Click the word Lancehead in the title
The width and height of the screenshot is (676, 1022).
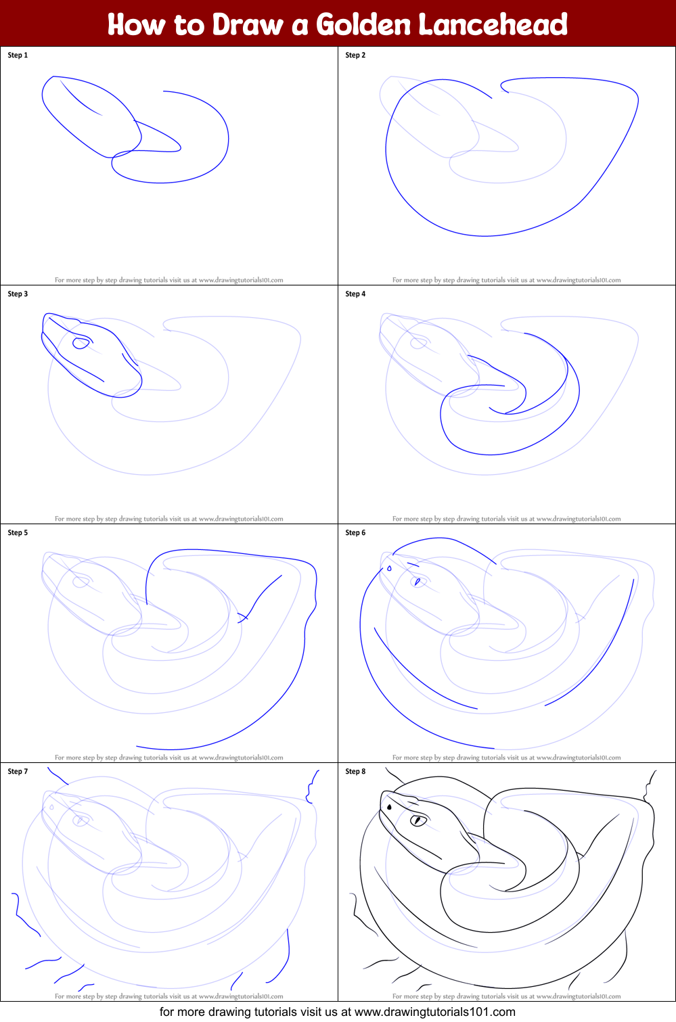pyautogui.click(x=493, y=24)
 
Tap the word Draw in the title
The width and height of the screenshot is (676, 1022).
pyautogui.click(x=247, y=24)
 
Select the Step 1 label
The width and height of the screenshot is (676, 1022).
pyautogui.click(x=18, y=55)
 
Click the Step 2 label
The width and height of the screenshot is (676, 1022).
pyautogui.click(x=355, y=55)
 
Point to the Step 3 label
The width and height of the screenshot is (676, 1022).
pyautogui.click(x=18, y=294)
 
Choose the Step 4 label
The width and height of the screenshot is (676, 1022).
pyautogui.click(x=355, y=294)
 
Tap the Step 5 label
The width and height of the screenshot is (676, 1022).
pyautogui.click(x=18, y=533)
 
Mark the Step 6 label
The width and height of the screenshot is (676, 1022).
pyautogui.click(x=355, y=533)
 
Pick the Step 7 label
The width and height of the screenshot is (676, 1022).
pyautogui.click(x=18, y=772)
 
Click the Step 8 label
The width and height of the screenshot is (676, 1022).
pyautogui.click(x=355, y=772)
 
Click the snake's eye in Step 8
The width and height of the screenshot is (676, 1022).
pyautogui.click(x=418, y=820)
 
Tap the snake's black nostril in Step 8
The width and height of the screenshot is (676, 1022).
pyautogui.click(x=390, y=807)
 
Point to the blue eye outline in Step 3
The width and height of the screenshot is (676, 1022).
pyautogui.click(x=81, y=344)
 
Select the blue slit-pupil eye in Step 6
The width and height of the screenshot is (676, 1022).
pyautogui.click(x=418, y=582)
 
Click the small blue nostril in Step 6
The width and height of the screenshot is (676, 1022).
pyautogui.click(x=389, y=569)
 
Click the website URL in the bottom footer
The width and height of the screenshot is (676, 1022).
pyautogui.click(x=434, y=1012)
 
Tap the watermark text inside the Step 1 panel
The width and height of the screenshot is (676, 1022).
pyautogui.click(x=168, y=280)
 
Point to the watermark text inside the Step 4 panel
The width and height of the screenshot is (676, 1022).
pyautogui.click(x=506, y=519)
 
